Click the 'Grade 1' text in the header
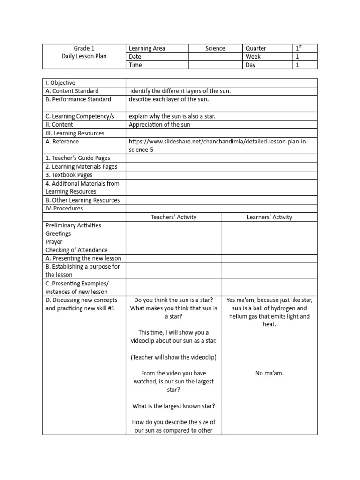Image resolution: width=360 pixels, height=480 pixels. pos(84,48)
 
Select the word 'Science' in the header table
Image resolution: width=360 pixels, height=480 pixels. pos(215,48)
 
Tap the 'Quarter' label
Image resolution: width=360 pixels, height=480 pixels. pos(256,48)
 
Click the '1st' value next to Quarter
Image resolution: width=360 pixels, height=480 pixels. pos(298,48)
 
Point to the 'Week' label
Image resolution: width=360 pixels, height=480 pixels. pos(253,57)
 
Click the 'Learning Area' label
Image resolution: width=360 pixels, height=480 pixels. pos(147,48)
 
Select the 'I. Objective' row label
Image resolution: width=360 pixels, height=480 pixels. pos(60,82)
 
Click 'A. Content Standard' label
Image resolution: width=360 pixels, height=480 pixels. pos(72,91)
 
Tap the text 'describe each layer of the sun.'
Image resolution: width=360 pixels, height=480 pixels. pos(169,99)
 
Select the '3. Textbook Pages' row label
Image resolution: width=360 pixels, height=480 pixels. pos(69,175)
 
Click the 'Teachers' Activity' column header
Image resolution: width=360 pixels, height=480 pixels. pos(173,217)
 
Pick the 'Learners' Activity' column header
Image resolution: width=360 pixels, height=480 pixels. pos(269,217)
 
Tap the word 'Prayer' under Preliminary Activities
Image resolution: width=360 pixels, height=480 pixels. pos(55,242)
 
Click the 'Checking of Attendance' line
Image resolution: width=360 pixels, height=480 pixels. pos(76,250)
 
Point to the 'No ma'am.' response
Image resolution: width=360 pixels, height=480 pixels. pos(269,373)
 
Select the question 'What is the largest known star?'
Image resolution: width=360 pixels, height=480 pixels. pos(173,406)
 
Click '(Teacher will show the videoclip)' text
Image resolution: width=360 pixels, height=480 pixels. pos(173,357)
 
